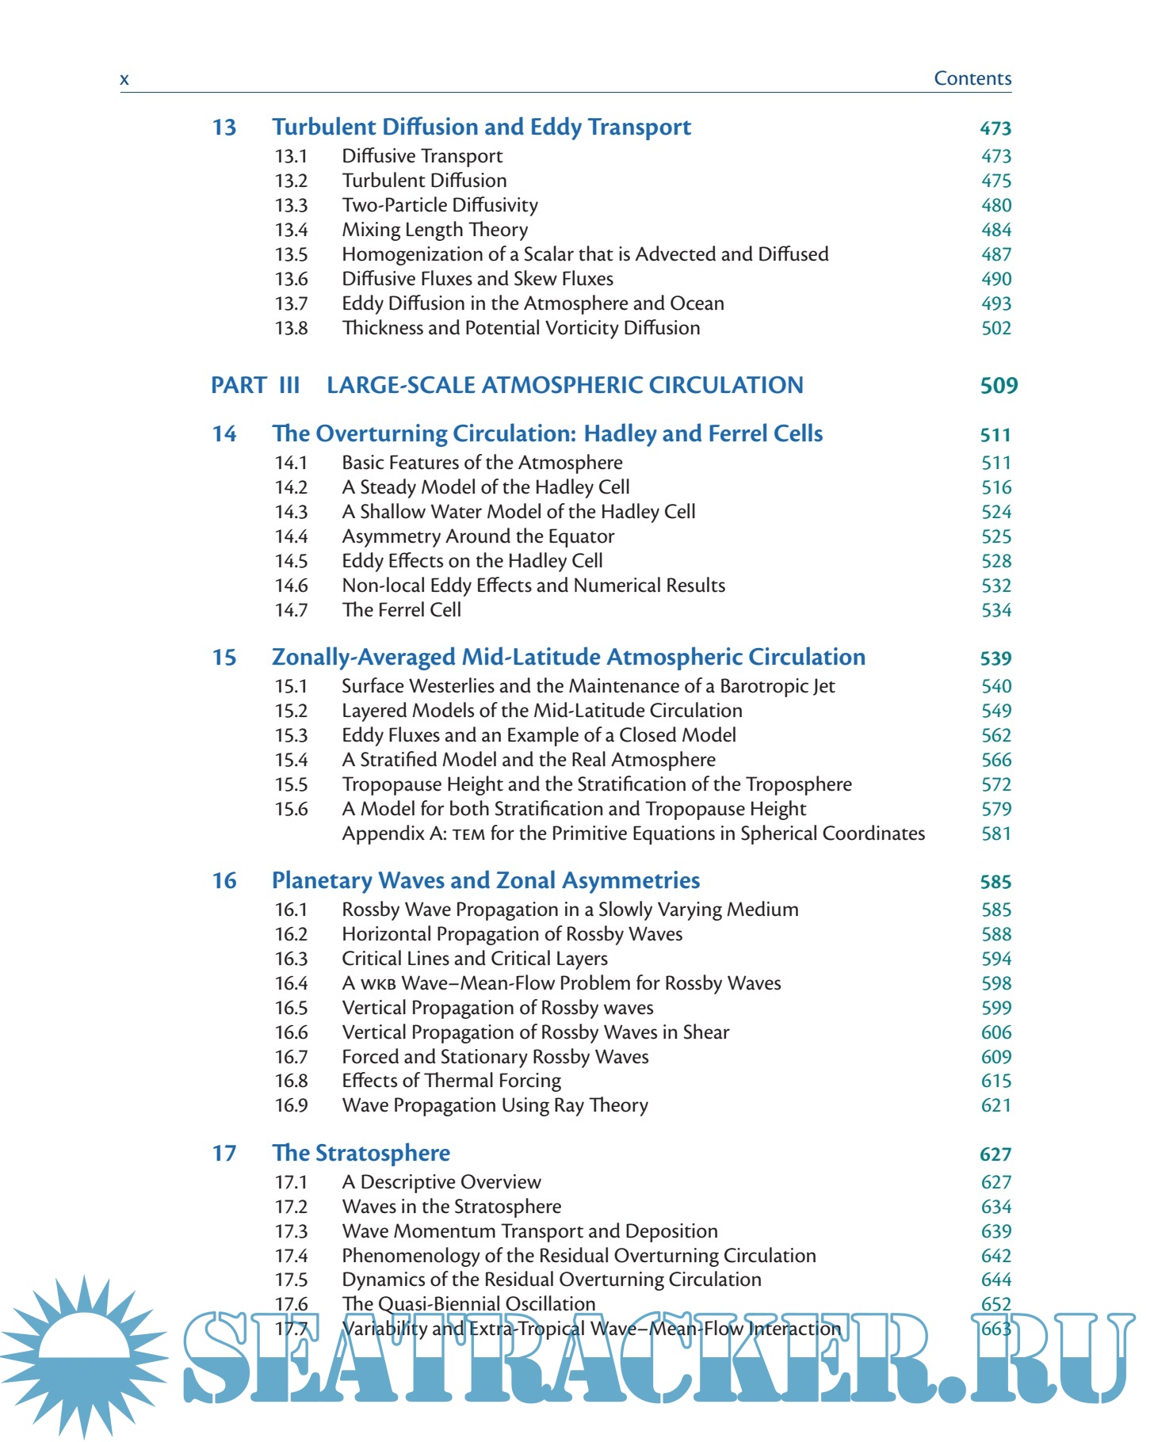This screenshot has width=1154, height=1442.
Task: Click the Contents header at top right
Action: (972, 78)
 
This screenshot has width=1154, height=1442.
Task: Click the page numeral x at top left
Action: (124, 79)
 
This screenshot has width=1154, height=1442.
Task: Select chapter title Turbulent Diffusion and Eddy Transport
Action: (481, 128)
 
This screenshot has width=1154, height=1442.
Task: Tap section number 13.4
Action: (291, 231)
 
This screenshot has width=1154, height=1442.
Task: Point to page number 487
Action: (995, 255)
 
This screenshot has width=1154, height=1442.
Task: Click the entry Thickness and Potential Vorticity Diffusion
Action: (521, 329)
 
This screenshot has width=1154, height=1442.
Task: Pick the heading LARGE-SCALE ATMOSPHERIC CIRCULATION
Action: (564, 386)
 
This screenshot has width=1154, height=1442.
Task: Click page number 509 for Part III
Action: (998, 387)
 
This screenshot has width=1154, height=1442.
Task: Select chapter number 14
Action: (224, 434)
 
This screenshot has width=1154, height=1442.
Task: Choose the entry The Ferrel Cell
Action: (401, 611)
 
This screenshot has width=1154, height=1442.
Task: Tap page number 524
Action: (995, 513)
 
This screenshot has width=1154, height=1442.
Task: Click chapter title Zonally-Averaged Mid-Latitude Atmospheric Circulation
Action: (568, 658)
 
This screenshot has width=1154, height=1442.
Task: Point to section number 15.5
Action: (291, 785)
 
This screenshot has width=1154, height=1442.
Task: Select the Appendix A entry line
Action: (632, 834)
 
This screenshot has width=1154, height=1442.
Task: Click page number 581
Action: (995, 834)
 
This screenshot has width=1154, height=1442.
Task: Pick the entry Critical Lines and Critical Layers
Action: (474, 959)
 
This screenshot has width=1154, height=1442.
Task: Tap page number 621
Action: (995, 1106)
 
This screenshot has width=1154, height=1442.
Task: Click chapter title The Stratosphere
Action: (361, 1154)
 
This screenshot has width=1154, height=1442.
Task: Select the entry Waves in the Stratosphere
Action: (451, 1207)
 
